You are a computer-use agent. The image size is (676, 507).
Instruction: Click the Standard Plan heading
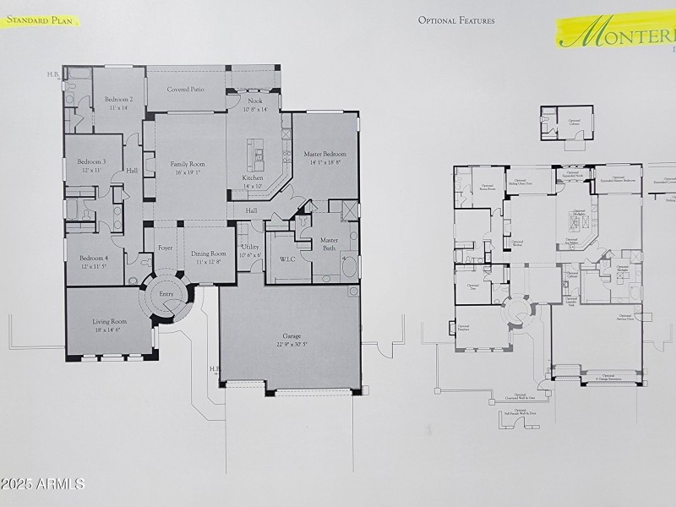pyautogui.click(x=41, y=19)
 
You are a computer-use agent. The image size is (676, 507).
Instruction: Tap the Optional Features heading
pyautogui.click(x=456, y=20)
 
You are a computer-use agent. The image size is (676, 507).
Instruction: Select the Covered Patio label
pyautogui.click(x=185, y=89)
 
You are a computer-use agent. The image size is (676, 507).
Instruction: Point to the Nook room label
pyautogui.click(x=254, y=101)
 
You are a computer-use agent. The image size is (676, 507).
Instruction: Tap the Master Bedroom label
pyautogui.click(x=325, y=154)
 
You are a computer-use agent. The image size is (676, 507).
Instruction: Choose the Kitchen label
pyautogui.click(x=253, y=178)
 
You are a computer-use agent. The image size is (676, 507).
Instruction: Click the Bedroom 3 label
pyautogui.click(x=92, y=161)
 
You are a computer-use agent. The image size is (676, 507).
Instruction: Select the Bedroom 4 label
pyautogui.click(x=94, y=259)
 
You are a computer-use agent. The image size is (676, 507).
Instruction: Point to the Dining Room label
pyautogui.click(x=208, y=253)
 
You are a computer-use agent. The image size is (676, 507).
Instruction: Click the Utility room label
pyautogui.click(x=250, y=247)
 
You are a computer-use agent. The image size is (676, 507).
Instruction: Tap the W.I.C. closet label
pyautogui.click(x=286, y=259)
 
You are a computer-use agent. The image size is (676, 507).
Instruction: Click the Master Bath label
pyautogui.click(x=329, y=244)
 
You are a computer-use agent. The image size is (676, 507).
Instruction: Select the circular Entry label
pyautogui.click(x=166, y=294)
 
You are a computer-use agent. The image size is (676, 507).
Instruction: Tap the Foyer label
pyautogui.click(x=165, y=248)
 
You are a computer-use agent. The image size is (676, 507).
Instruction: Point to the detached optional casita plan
pyautogui.click(x=565, y=125)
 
